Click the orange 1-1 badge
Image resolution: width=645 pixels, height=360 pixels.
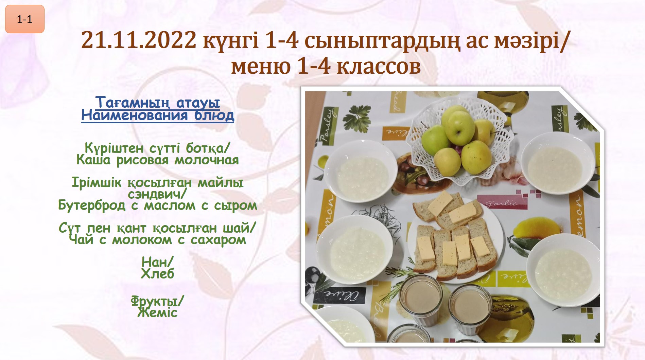coord(25,19)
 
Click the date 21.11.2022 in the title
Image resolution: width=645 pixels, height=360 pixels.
coord(139,40)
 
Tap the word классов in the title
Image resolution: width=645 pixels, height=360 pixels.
coord(379,66)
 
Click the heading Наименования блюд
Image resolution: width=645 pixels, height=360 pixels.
coord(158,115)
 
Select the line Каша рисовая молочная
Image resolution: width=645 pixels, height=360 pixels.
coord(158,160)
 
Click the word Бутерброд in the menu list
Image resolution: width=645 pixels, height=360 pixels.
coord(92,205)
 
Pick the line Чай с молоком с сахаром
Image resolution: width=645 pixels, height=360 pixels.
coord(158,240)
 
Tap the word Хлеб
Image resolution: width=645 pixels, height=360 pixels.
coord(158,274)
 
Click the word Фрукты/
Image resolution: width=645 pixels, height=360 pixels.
coord(158,301)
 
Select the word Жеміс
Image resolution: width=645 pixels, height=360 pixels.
coord(158,312)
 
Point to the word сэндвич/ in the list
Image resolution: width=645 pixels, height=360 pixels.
coord(158,194)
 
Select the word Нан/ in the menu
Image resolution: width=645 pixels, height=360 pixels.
coord(158,262)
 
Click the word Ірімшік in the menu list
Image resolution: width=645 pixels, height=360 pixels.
coord(97,183)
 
